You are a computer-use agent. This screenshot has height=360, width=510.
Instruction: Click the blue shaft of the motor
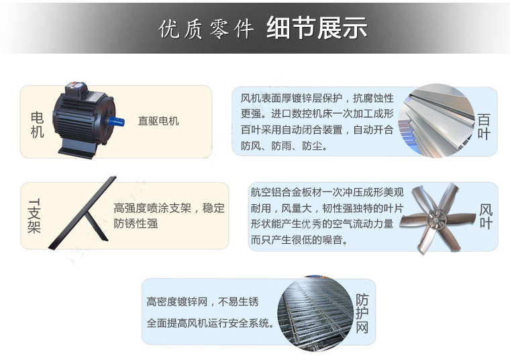click(116, 122)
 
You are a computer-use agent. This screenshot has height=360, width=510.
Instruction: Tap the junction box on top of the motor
click(76, 89)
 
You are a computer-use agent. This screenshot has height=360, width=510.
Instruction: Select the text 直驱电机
click(158, 121)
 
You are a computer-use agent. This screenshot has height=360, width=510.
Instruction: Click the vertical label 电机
click(37, 125)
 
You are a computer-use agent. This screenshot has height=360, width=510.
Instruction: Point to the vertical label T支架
click(34, 216)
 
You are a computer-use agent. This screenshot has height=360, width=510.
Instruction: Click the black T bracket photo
click(82, 213)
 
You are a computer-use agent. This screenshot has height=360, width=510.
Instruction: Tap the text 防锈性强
click(136, 224)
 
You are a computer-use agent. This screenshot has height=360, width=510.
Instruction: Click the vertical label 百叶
click(484, 127)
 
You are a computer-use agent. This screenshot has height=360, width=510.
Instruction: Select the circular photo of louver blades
click(436, 121)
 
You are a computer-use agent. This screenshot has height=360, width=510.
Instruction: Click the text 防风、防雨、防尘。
click(284, 146)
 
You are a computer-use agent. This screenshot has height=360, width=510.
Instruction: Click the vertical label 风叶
click(486, 217)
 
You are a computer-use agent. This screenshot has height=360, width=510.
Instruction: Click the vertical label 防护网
click(362, 314)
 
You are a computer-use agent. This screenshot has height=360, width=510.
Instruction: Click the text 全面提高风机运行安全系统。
click(211, 323)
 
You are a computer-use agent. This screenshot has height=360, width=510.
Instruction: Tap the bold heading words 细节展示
click(317, 28)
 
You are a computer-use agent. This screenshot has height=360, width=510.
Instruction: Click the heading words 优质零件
click(206, 30)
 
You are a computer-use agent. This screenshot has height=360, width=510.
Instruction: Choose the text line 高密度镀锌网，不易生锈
click(203, 302)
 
